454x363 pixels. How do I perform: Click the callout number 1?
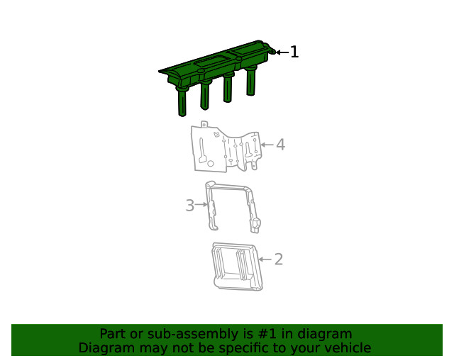tap(294, 52)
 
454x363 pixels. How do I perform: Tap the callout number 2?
tap(279, 259)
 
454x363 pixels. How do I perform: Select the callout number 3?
tap(189, 206)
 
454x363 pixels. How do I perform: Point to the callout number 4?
tap(280, 145)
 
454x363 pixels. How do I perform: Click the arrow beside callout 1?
tap(282, 52)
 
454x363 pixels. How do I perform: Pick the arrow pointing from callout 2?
tap(265, 259)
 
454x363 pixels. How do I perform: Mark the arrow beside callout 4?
tap(266, 145)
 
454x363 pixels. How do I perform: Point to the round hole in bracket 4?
tap(201, 164)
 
